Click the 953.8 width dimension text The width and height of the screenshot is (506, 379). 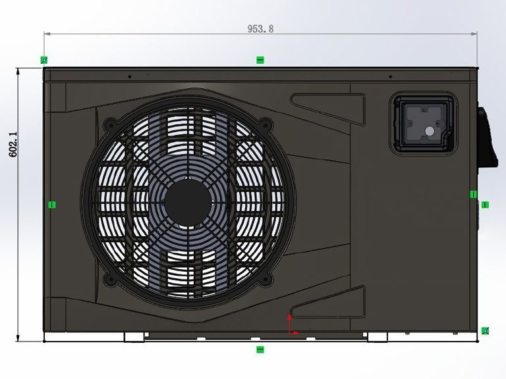coord(260,28)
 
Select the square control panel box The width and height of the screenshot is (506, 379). coord(424,124)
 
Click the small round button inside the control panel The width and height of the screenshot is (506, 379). coord(430,131)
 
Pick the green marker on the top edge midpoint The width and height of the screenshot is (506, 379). coord(260,60)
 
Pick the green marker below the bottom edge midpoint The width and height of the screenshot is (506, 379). coord(260,349)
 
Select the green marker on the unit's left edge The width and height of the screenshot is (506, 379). coord(52,205)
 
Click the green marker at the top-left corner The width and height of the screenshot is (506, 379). coord(44,60)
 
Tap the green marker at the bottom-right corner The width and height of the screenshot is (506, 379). coord(485,330)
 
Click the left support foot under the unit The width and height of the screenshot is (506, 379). coord(134,337)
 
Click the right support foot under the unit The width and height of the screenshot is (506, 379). coord(378,337)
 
